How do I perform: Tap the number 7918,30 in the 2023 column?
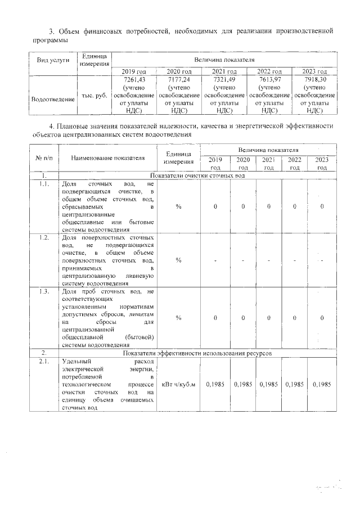(x=315, y=80)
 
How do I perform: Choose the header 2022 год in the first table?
(x=269, y=71)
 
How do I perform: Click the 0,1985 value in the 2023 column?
(x=322, y=385)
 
